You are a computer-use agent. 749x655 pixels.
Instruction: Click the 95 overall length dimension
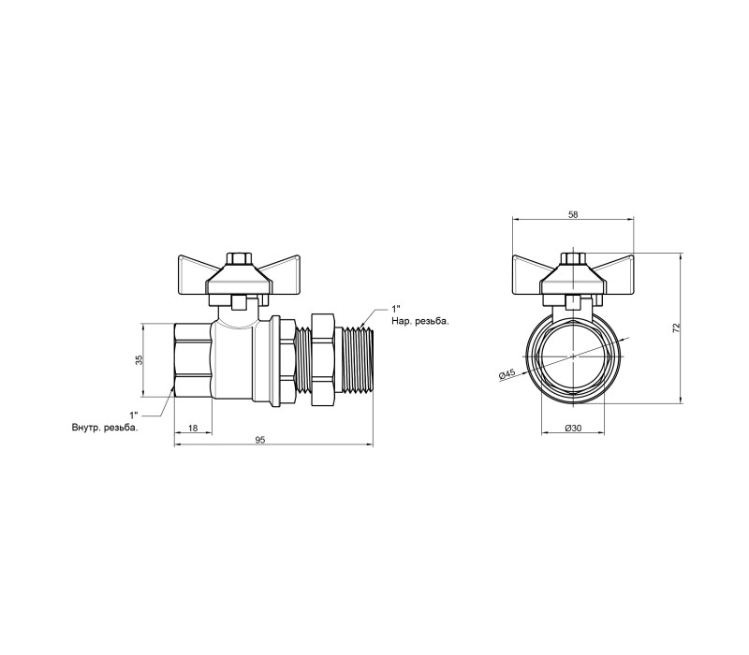click(259, 440)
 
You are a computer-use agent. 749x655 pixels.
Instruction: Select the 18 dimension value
click(193, 429)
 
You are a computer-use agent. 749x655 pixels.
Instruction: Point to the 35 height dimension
click(139, 360)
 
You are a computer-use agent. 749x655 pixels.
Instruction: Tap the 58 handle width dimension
click(573, 215)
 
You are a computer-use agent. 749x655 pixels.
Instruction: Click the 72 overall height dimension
click(676, 328)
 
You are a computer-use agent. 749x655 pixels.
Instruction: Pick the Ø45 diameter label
click(507, 374)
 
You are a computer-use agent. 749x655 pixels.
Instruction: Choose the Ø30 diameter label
click(573, 429)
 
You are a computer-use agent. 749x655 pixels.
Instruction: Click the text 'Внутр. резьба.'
click(105, 428)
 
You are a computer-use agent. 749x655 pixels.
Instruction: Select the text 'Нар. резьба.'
click(420, 321)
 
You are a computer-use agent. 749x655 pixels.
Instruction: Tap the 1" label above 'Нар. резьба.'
click(395, 309)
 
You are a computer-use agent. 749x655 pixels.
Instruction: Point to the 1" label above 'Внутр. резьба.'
click(134, 415)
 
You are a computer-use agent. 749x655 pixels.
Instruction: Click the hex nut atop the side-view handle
click(238, 258)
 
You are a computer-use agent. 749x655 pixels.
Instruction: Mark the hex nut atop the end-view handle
click(572, 258)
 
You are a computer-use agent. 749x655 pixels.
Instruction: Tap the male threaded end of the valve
click(358, 360)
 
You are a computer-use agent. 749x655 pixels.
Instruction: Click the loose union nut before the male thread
click(324, 360)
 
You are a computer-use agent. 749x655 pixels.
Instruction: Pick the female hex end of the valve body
click(193, 360)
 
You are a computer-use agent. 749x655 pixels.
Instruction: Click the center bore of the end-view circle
click(573, 357)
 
